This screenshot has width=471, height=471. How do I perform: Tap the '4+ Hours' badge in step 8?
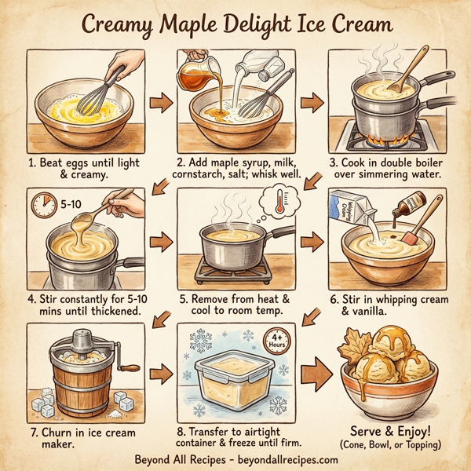click(276, 341)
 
